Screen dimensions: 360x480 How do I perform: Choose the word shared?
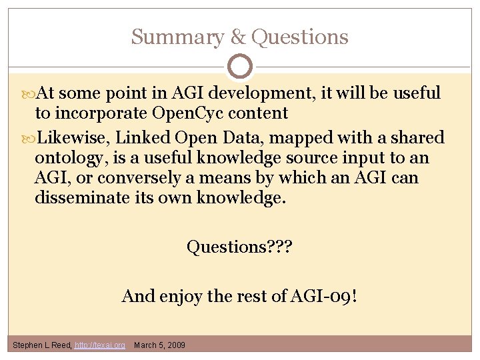416,138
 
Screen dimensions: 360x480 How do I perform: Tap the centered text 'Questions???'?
239,247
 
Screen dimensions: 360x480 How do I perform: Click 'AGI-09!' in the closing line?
326,295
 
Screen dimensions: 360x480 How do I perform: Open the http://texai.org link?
100,345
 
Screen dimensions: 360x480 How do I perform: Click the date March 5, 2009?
160,345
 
